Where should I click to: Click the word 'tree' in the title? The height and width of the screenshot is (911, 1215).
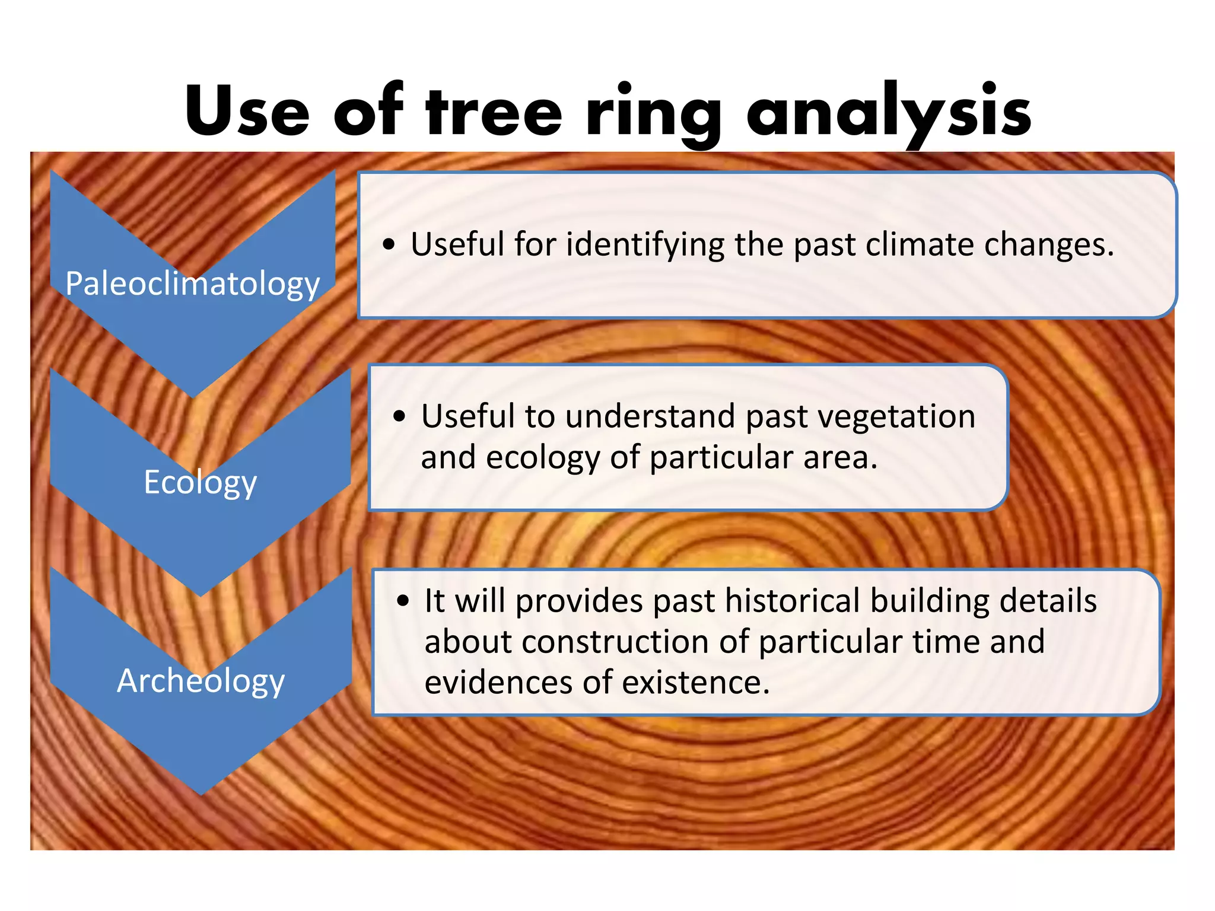494,112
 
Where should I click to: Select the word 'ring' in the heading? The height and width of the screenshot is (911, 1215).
653,112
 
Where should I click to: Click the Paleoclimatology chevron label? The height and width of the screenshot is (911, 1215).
193,284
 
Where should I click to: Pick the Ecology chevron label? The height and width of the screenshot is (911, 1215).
201,482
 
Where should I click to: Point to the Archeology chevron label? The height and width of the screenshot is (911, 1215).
201,680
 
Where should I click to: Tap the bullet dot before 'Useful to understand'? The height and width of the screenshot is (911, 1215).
399,416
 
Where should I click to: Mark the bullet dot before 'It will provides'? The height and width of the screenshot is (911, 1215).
403,601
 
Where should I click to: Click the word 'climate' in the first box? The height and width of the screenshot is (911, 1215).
920,244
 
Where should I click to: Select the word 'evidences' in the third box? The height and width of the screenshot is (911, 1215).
498,683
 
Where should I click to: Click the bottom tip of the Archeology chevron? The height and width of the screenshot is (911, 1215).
201,793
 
